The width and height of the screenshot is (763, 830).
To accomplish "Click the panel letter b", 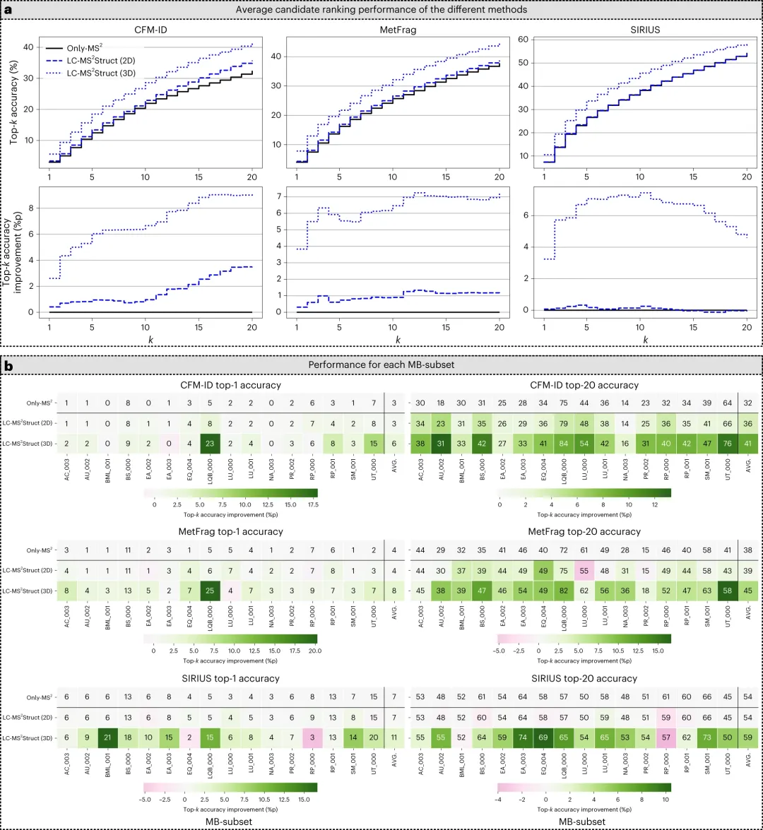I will click(8, 365).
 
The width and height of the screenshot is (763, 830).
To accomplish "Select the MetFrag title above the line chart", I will click(398, 32).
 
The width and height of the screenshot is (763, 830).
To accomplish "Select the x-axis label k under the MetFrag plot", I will click(398, 340).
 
